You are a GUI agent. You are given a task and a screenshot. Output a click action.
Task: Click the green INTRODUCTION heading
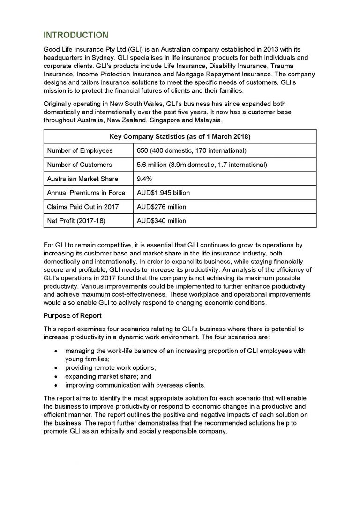75,35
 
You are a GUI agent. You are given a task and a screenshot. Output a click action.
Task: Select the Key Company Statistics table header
180,137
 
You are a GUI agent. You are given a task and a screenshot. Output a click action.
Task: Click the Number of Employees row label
80,150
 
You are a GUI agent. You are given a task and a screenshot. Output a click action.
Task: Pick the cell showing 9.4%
143,179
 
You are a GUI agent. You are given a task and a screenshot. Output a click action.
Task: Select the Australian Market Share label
82,179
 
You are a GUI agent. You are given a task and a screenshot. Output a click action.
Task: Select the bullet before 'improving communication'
57,385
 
